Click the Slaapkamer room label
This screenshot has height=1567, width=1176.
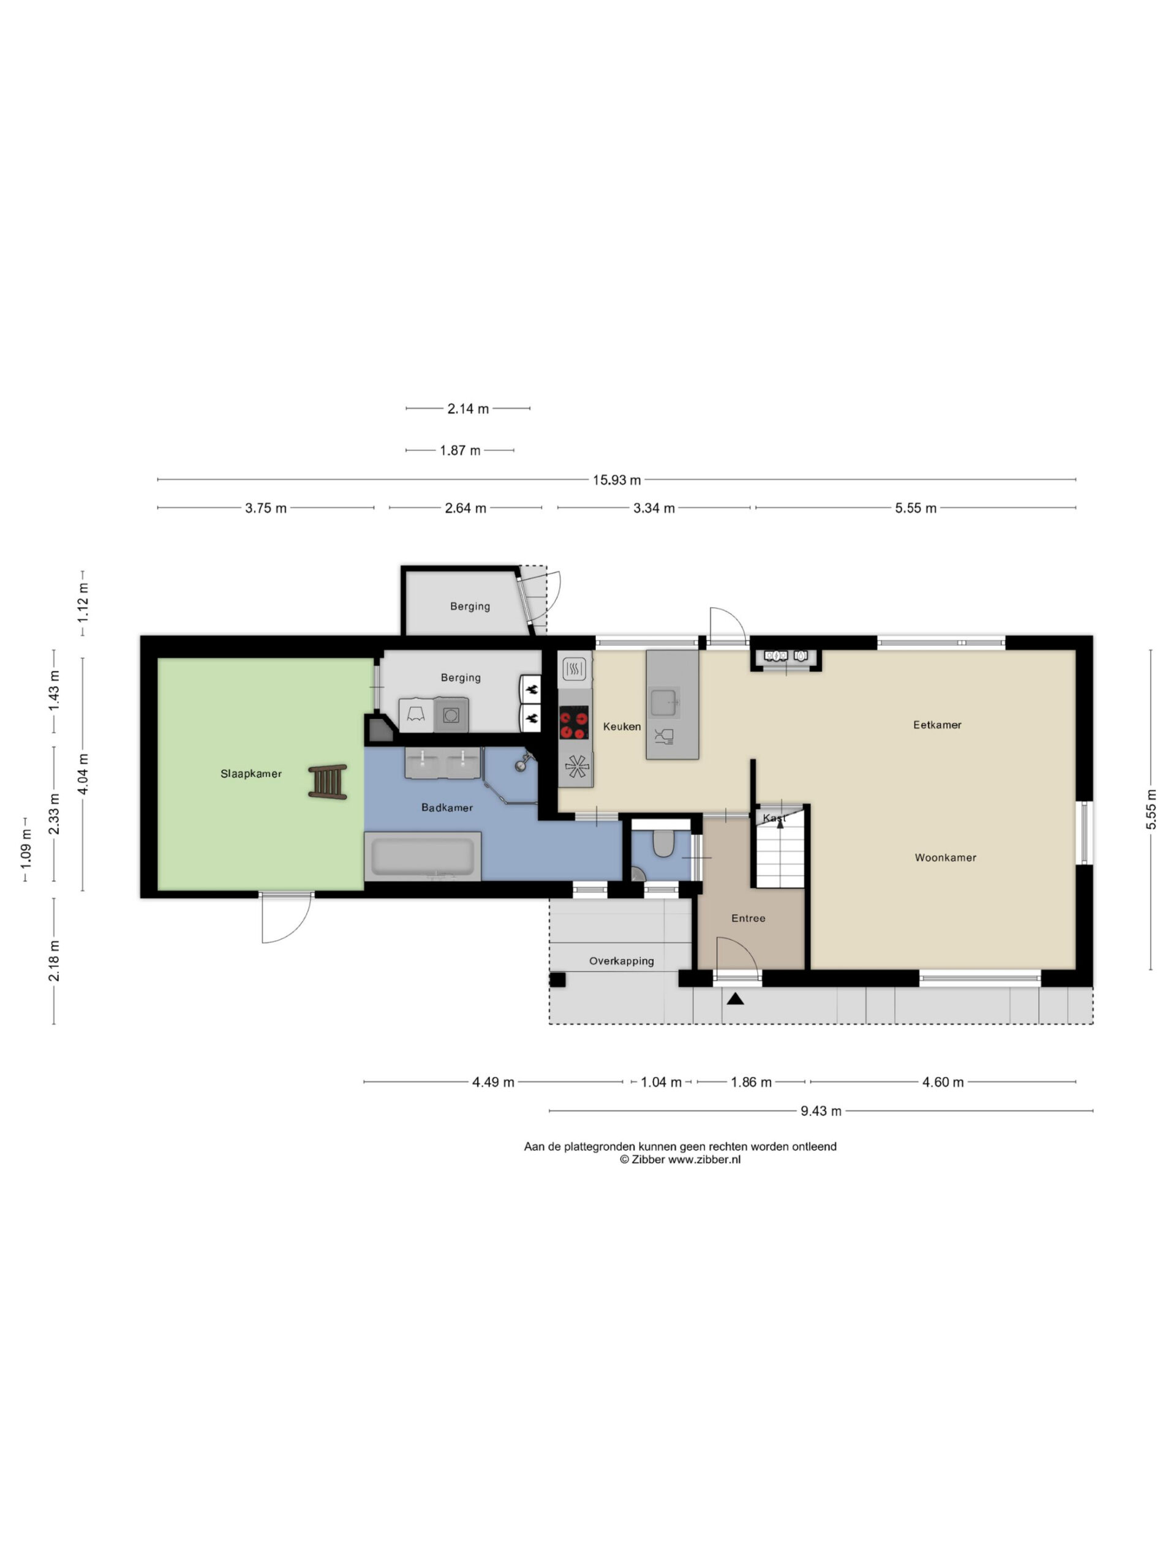pos(251,774)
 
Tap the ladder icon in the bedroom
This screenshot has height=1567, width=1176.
pos(328,782)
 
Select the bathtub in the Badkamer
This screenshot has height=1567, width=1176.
pos(423,856)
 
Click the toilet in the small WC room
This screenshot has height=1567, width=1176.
pos(663,843)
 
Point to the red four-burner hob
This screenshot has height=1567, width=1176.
pos(574,722)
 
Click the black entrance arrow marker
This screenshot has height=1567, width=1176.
pos(735,999)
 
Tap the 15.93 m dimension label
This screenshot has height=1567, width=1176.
pos(617,481)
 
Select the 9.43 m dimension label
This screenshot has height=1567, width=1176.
pos(821,1112)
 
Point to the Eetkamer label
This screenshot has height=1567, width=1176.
pos(937,725)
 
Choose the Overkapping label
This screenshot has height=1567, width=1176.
pos(622,961)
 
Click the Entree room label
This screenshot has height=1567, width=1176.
pos(748,918)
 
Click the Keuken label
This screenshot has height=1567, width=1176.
pos(622,726)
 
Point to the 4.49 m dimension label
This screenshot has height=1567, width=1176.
pos(493,1082)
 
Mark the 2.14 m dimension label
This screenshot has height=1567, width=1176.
pos(468,409)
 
